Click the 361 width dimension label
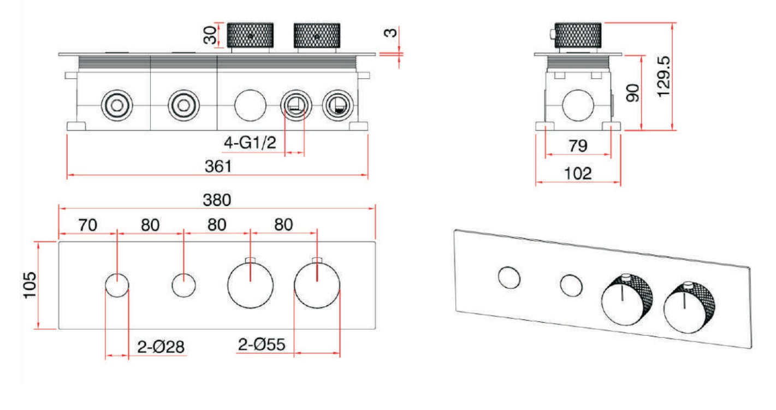click(x=218, y=167)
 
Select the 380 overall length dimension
click(x=217, y=200)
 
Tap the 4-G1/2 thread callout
click(x=250, y=142)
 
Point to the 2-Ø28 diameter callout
click(x=161, y=347)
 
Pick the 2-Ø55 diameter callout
click(x=262, y=344)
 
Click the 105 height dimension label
click(x=30, y=285)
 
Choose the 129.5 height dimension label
click(x=664, y=77)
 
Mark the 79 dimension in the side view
click(x=578, y=146)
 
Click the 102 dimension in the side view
click(x=578, y=174)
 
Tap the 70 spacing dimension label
click(x=87, y=225)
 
